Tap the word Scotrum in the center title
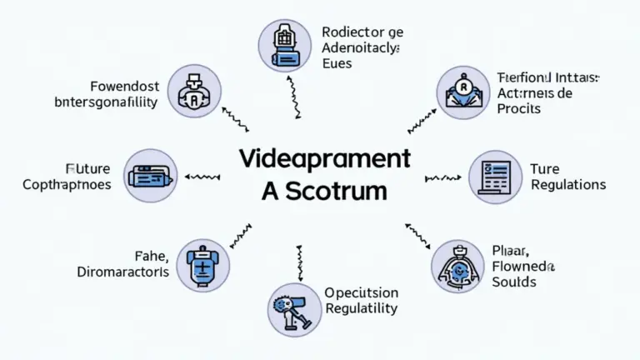[336, 190]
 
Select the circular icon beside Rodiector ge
[284, 44]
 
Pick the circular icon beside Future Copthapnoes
[151, 176]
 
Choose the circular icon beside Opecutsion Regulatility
[292, 309]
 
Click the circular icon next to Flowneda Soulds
[457, 266]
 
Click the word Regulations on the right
[567, 184]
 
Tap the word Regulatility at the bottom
[361, 308]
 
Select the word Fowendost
[121, 86]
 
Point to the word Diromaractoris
[122, 272]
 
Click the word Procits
[517, 108]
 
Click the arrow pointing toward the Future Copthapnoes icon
[202, 177]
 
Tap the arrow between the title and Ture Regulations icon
[442, 177]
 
